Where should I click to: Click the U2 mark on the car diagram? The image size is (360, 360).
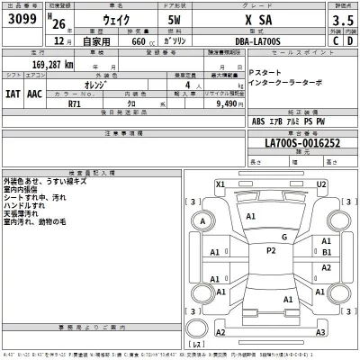point(320,184)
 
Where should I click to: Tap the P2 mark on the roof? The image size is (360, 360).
point(271,250)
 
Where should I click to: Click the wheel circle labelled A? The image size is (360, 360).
point(204,221)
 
